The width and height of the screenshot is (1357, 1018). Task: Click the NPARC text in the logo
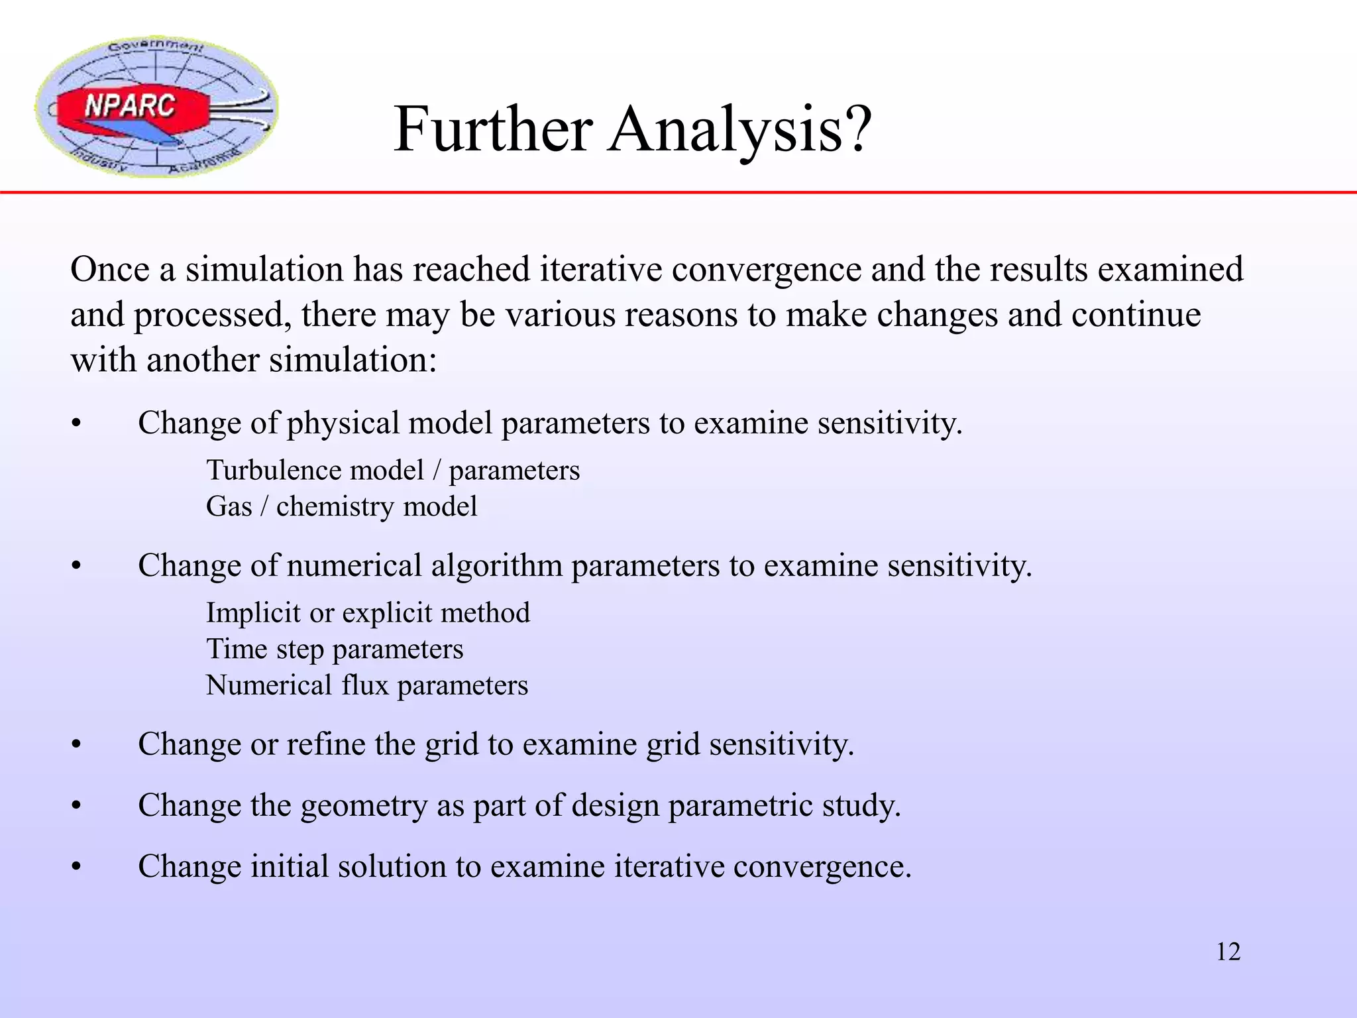pos(130,106)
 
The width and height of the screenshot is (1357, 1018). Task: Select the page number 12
pos(1228,952)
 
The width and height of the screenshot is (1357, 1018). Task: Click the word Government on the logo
pos(156,46)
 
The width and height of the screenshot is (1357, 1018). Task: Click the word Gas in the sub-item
pos(229,507)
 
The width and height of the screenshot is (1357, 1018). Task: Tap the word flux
pos(364,685)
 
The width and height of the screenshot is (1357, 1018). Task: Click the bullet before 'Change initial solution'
pos(77,867)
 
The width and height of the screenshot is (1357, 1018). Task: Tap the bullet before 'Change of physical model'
pos(77,424)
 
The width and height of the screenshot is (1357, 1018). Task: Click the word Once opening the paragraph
pos(109,270)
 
